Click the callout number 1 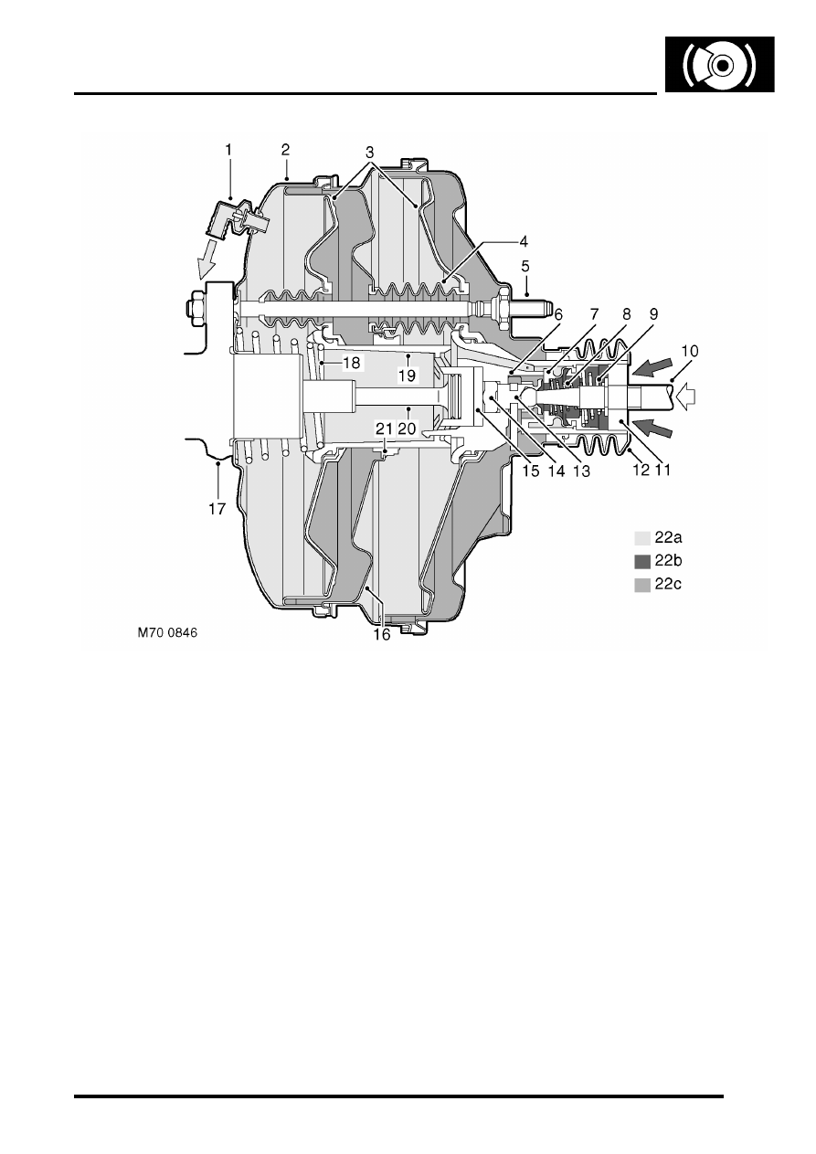(228, 150)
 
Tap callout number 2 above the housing (285, 150)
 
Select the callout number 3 (369, 153)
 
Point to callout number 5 (525, 267)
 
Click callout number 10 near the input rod (690, 352)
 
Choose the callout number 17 (217, 509)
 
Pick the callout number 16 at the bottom (382, 635)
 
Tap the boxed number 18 (351, 363)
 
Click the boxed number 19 (407, 375)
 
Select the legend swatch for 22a (642, 538)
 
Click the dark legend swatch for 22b (642, 562)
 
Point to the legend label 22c (668, 584)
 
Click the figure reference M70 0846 (167, 632)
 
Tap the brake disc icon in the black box (720, 65)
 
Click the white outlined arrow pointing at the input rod (685, 396)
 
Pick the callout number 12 (641, 470)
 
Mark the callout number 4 (524, 241)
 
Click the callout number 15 (531, 471)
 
